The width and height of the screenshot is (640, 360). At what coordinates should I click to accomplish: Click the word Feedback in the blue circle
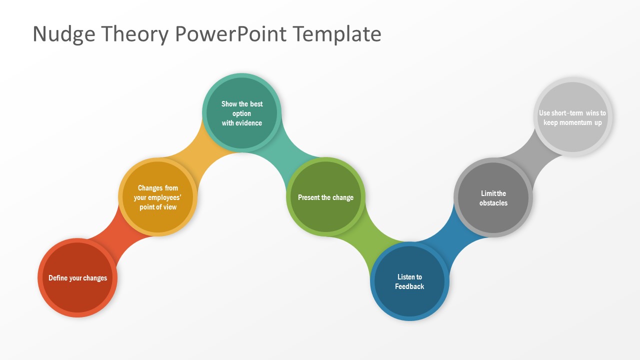(409, 286)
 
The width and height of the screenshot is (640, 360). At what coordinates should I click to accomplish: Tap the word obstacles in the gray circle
(493, 203)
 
